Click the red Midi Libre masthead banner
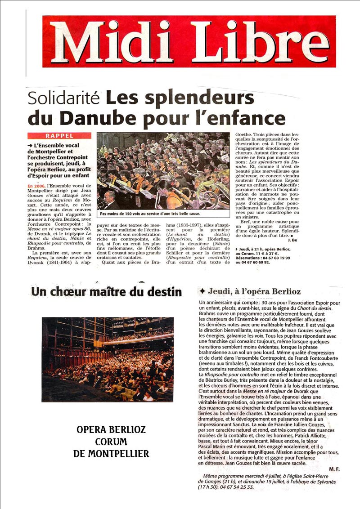click(189, 41)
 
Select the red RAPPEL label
click(59, 136)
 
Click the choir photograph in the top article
click(163, 171)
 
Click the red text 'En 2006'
click(36, 186)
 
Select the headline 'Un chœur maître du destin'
click(106, 293)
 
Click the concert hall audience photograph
click(108, 359)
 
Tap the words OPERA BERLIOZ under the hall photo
click(111, 430)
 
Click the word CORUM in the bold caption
click(111, 442)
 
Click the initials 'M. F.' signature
click(334, 469)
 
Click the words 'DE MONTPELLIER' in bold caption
click(111, 454)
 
